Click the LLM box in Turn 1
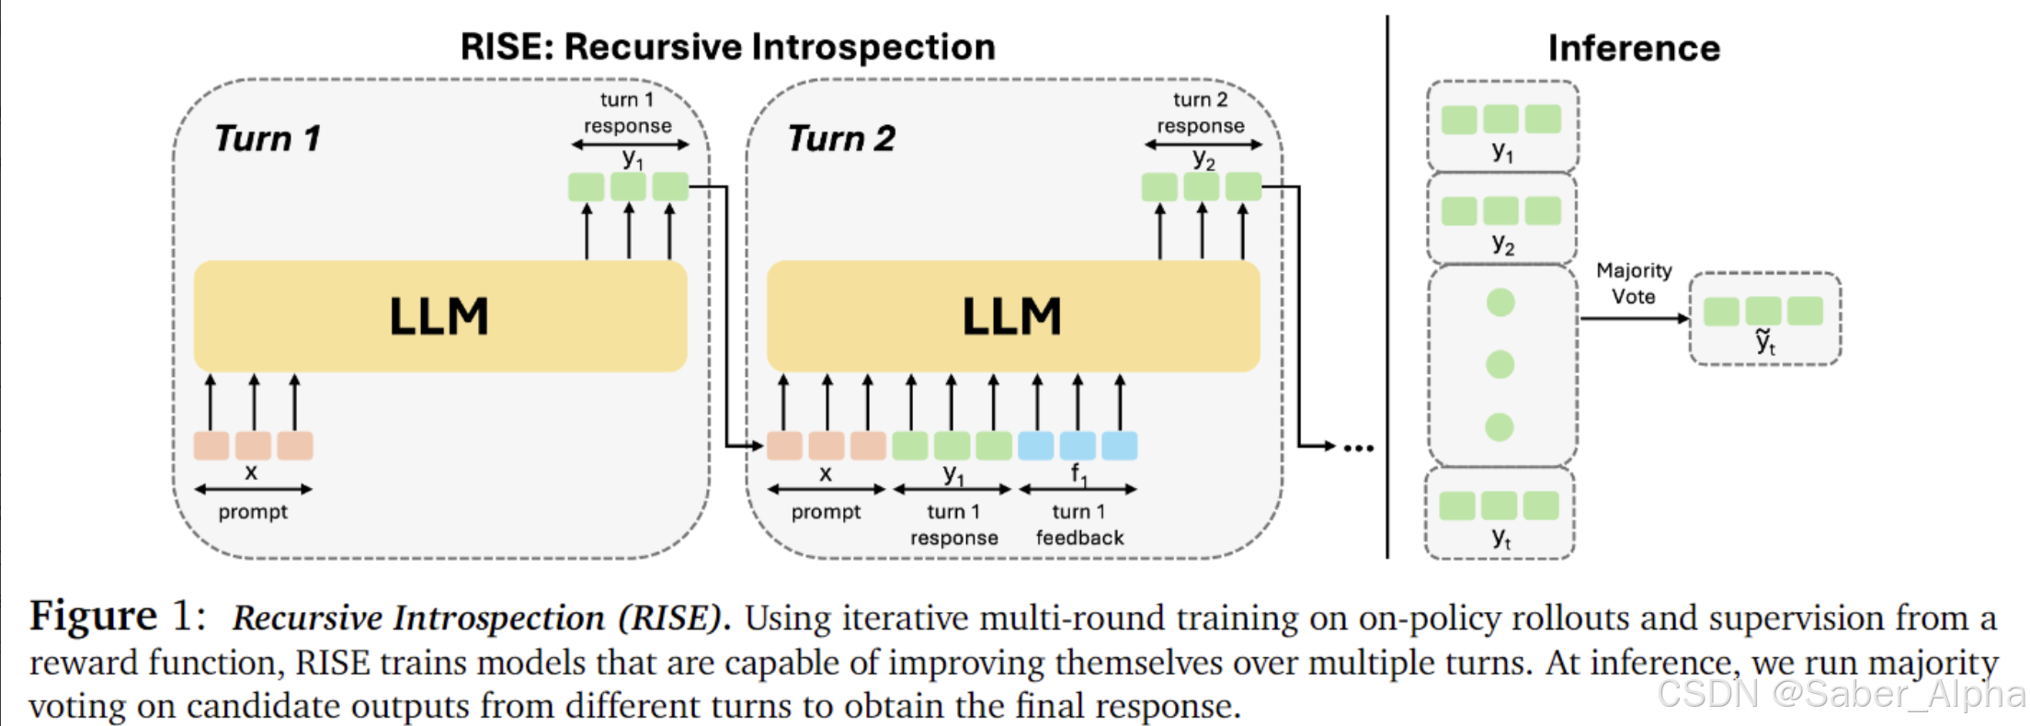point(439,316)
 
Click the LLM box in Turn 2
point(1012,316)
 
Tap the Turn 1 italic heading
point(268,139)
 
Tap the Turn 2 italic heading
point(841,139)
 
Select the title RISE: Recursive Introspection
point(727,47)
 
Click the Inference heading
point(1634,48)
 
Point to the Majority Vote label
point(1634,283)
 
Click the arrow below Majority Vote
point(1634,319)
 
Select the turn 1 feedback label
point(1079,525)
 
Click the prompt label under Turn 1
point(253,512)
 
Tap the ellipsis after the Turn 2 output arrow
point(1358,448)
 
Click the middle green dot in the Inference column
point(1500,365)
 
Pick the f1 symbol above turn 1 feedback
point(1078,474)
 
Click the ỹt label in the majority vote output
point(1765,342)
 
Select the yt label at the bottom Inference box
point(1500,538)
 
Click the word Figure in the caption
point(93,616)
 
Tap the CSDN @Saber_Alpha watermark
point(1839,694)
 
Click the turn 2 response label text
point(1200,113)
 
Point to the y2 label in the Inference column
point(1502,244)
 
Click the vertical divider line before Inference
point(1387,285)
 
